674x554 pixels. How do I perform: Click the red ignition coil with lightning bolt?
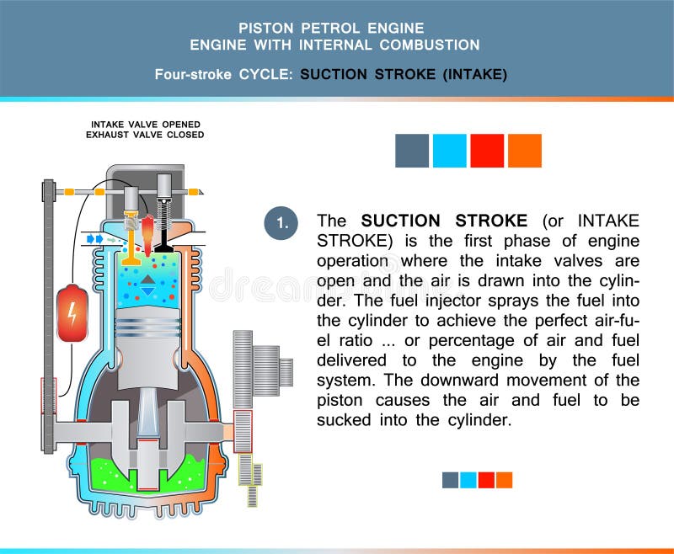pyautogui.click(x=72, y=313)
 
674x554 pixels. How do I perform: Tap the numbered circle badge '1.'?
pyautogui.click(x=281, y=222)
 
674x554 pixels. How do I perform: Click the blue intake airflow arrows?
pyautogui.click(x=94, y=239)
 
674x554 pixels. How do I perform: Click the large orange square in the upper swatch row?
pyautogui.click(x=524, y=151)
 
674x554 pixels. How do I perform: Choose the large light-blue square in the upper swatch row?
pyautogui.click(x=449, y=151)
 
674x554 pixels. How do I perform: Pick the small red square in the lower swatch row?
pyautogui.click(x=486, y=480)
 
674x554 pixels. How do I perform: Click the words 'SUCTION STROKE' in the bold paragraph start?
pyautogui.click(x=444, y=221)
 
